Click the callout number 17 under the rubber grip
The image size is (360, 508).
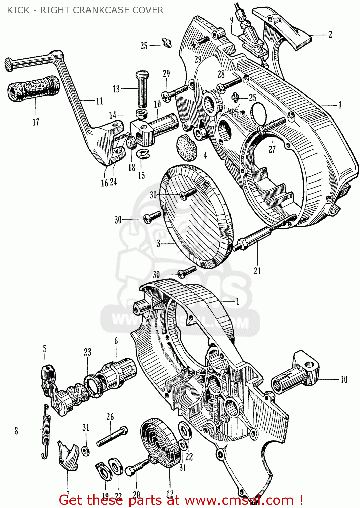tap(36, 122)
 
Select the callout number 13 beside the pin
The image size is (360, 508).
tap(116, 89)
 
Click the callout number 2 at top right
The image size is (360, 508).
tap(330, 35)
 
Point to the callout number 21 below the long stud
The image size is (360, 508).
tap(257, 271)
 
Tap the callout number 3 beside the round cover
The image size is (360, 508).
tap(159, 244)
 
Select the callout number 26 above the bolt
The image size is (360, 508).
tap(110, 417)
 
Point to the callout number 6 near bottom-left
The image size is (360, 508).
tap(116, 341)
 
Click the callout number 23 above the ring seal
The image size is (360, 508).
tap(88, 352)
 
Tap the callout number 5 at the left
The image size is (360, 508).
tap(45, 348)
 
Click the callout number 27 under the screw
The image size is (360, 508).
tap(272, 149)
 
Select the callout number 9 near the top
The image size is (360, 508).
tap(232, 20)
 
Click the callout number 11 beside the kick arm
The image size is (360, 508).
tap(99, 101)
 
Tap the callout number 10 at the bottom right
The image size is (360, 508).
tap(344, 379)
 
